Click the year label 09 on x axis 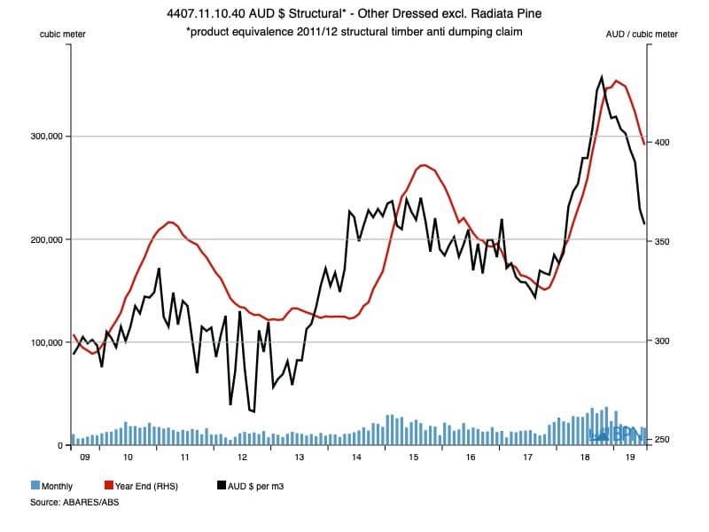pyautogui.click(x=84, y=458)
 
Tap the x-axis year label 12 pyautogui.click(x=242, y=458)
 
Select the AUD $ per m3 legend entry pyautogui.click(x=256, y=486)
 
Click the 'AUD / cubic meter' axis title pyautogui.click(x=641, y=34)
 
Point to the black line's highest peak pyautogui.click(x=602, y=77)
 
